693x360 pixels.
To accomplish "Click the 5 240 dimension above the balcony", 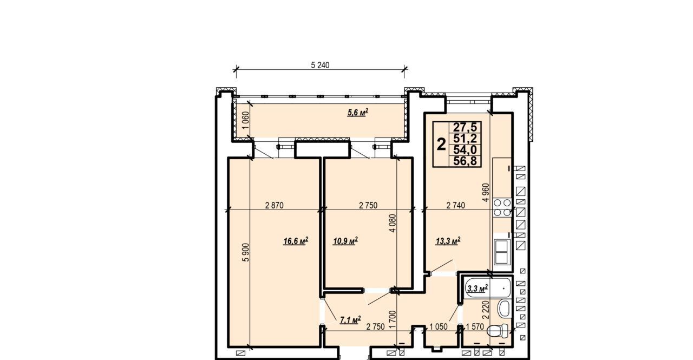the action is [x=320, y=65].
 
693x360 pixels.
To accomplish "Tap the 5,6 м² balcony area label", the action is [x=358, y=112].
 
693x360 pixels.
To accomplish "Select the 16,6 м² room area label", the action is [x=296, y=240].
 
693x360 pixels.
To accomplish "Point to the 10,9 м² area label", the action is [x=345, y=240].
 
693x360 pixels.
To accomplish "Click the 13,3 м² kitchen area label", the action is [x=448, y=240].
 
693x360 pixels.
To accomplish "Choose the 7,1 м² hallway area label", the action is [x=350, y=320].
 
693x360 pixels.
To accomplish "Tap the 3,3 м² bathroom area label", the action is [x=478, y=289].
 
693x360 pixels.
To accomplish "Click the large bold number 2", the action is [x=441, y=145].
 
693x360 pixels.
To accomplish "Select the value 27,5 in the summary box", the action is [x=465, y=127].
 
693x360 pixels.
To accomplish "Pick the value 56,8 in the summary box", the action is [x=465, y=161].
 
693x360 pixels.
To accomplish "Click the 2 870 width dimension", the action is [x=274, y=205].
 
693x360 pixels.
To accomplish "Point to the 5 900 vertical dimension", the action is [x=246, y=252].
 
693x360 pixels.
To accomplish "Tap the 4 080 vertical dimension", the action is [x=393, y=223].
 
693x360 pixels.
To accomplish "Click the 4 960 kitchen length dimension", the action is [x=486, y=192].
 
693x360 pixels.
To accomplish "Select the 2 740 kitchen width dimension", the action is [x=456, y=205].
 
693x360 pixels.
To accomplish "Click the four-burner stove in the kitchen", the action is [x=502, y=207].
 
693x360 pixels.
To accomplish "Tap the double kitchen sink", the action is [x=501, y=252].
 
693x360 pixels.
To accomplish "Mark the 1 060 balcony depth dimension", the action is [x=246, y=120].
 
